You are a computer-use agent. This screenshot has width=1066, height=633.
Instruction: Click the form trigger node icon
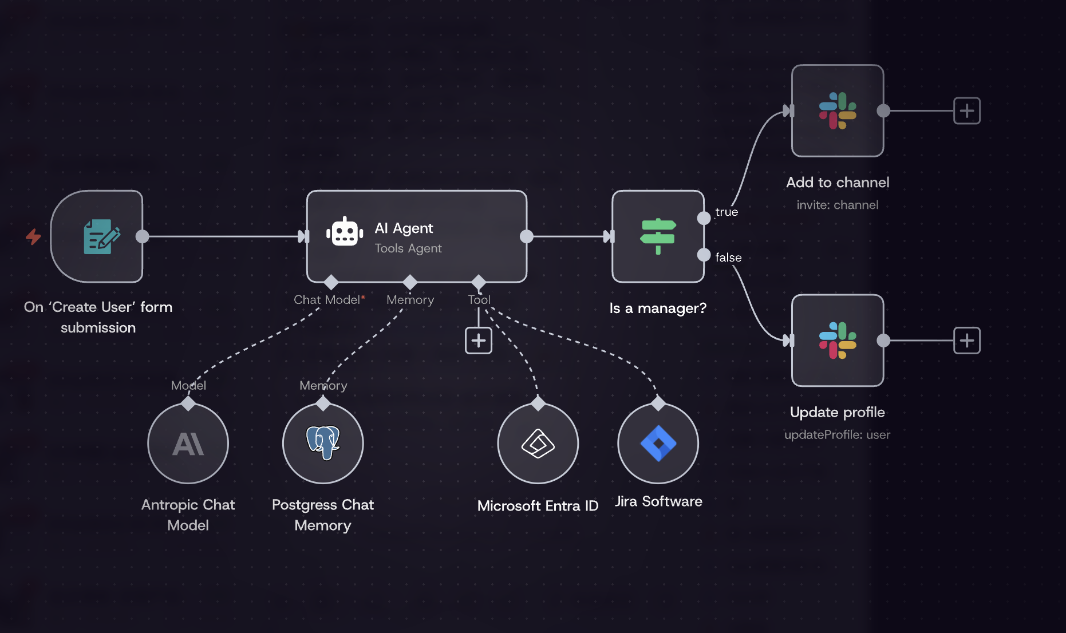pyautogui.click(x=101, y=236)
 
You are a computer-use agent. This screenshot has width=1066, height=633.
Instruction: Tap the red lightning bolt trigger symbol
pyautogui.click(x=33, y=236)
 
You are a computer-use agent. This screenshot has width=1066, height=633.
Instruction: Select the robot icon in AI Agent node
pyautogui.click(x=345, y=232)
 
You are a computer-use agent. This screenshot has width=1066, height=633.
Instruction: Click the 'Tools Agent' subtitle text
pyautogui.click(x=408, y=248)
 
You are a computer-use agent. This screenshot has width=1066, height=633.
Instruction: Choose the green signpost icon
pyautogui.click(x=658, y=236)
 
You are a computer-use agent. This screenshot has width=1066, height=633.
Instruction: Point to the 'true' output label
pyautogui.click(x=727, y=212)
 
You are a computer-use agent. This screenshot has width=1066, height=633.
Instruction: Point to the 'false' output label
pyautogui.click(x=728, y=258)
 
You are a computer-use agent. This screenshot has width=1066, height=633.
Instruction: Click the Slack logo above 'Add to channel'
pyautogui.click(x=838, y=110)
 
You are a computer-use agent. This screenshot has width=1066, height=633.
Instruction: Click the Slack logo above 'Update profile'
pyautogui.click(x=838, y=341)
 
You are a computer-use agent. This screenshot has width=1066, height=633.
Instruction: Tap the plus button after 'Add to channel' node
pyautogui.click(x=966, y=110)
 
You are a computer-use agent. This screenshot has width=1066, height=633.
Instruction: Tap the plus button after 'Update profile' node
pyautogui.click(x=966, y=341)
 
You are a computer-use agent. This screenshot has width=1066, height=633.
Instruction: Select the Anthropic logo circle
pyautogui.click(x=188, y=444)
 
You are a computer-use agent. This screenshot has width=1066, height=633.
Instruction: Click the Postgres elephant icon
pyautogui.click(x=323, y=442)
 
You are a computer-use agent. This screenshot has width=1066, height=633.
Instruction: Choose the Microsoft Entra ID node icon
pyautogui.click(x=538, y=444)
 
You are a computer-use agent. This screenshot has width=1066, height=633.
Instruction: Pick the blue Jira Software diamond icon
pyautogui.click(x=658, y=444)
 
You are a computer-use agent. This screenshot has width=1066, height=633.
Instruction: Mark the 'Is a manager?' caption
pyautogui.click(x=658, y=308)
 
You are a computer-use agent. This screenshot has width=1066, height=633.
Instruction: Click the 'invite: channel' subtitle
pyautogui.click(x=837, y=205)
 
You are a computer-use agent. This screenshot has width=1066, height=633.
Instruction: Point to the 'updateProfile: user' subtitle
pyautogui.click(x=837, y=434)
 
